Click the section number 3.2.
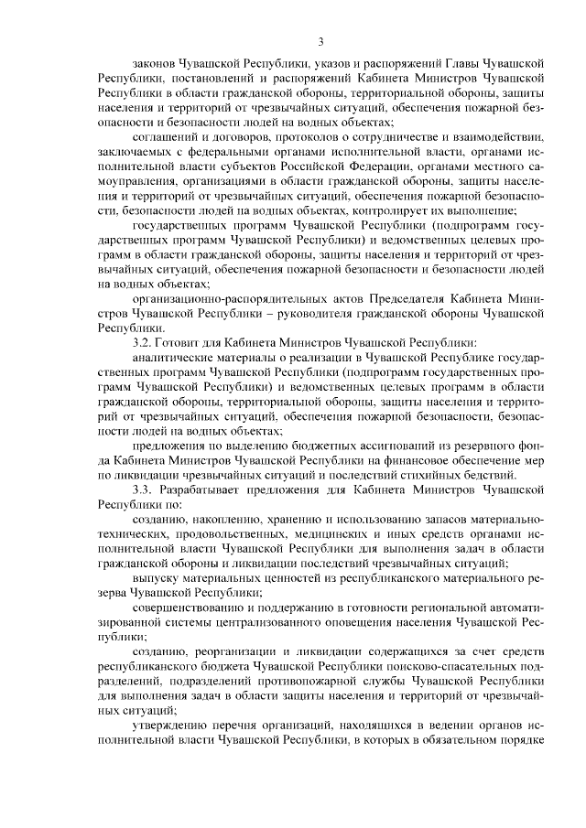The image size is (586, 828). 144,341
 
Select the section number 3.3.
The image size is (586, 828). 144,489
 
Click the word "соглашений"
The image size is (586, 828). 168,136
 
